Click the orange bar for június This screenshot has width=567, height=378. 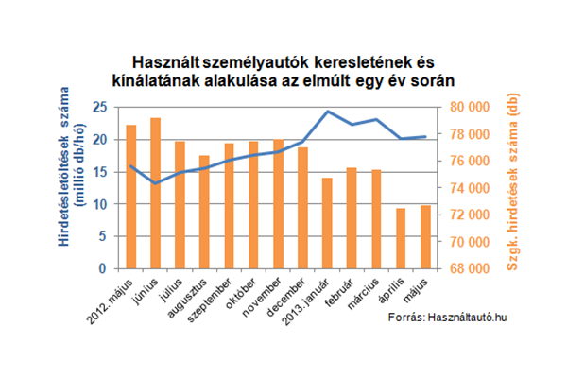pos(156,194)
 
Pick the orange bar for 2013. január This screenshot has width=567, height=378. pos(327,223)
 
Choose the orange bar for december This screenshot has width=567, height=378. pos(302,208)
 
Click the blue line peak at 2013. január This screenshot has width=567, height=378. pos(327,112)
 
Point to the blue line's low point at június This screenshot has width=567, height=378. pos(156,182)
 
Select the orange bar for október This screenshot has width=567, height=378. pos(253,205)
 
